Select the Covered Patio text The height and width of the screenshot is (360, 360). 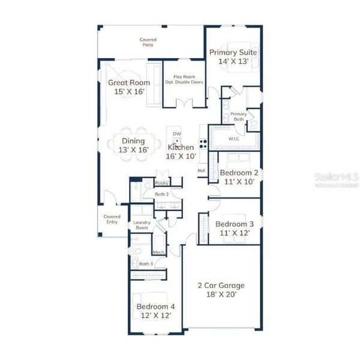tap(149, 42)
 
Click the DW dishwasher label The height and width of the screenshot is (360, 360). tap(176, 133)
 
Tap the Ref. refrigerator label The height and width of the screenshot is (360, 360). tap(202, 171)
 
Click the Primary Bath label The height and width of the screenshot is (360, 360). tap(238, 116)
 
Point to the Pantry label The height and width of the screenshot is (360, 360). tap(161, 183)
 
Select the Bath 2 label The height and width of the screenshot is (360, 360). tap(161, 194)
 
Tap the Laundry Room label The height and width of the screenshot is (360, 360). tap(142, 225)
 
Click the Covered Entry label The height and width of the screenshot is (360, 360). tap(112, 219)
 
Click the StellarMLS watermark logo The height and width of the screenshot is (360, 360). tap(335, 179)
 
